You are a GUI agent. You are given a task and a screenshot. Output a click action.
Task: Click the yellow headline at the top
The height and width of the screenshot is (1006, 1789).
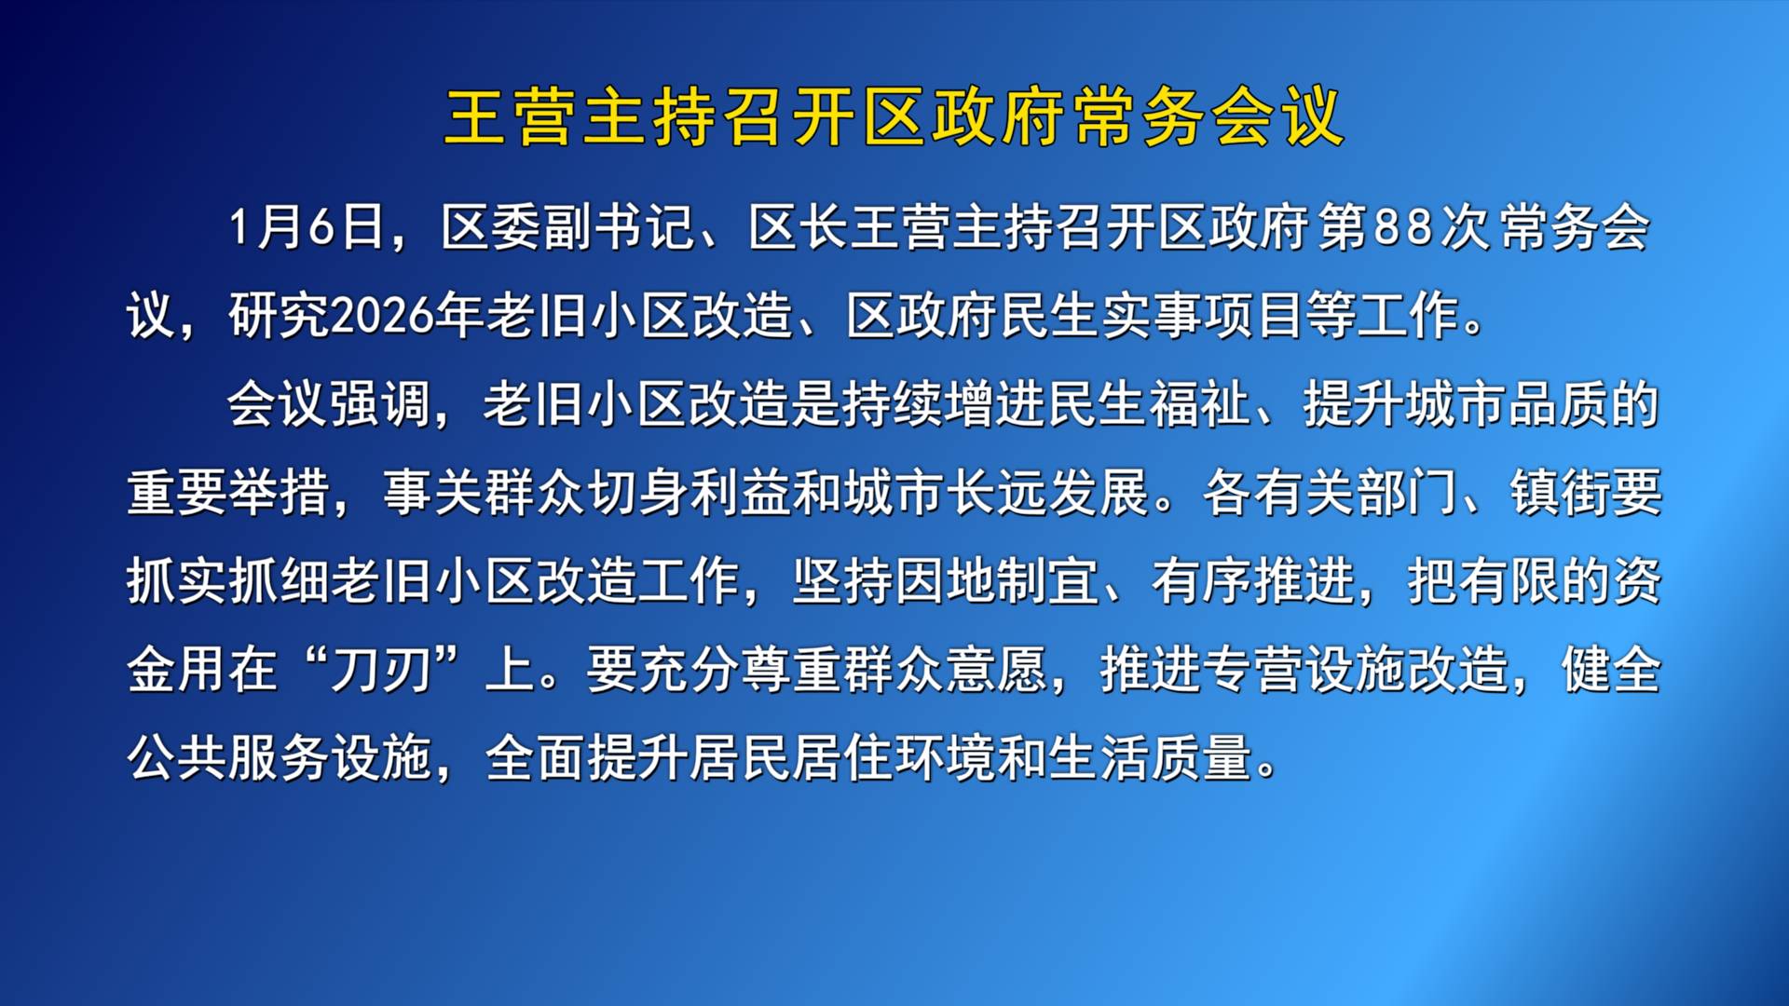(x=894, y=117)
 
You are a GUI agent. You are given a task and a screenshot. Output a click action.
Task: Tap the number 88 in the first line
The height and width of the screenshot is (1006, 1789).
(x=1403, y=227)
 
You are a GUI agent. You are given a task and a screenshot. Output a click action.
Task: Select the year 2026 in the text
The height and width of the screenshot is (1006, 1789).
(x=382, y=316)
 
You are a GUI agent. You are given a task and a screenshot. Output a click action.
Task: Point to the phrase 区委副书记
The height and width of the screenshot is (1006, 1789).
(x=568, y=227)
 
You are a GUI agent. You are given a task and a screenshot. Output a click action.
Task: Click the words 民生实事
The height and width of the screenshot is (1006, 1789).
(x=1101, y=316)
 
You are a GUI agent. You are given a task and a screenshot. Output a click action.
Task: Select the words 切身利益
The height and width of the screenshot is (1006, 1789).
(x=690, y=493)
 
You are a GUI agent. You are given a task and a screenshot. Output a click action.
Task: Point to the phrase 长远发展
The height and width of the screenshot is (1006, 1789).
(x=1049, y=493)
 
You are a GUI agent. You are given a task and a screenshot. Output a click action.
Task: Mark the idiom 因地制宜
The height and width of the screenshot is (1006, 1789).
(x=998, y=581)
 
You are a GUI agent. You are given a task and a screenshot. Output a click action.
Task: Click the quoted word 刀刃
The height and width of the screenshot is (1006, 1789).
(x=382, y=670)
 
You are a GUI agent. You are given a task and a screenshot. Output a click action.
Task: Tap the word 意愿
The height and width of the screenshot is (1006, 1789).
(x=998, y=670)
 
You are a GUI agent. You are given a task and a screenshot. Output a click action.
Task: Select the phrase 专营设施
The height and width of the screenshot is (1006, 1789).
(x=1304, y=670)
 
